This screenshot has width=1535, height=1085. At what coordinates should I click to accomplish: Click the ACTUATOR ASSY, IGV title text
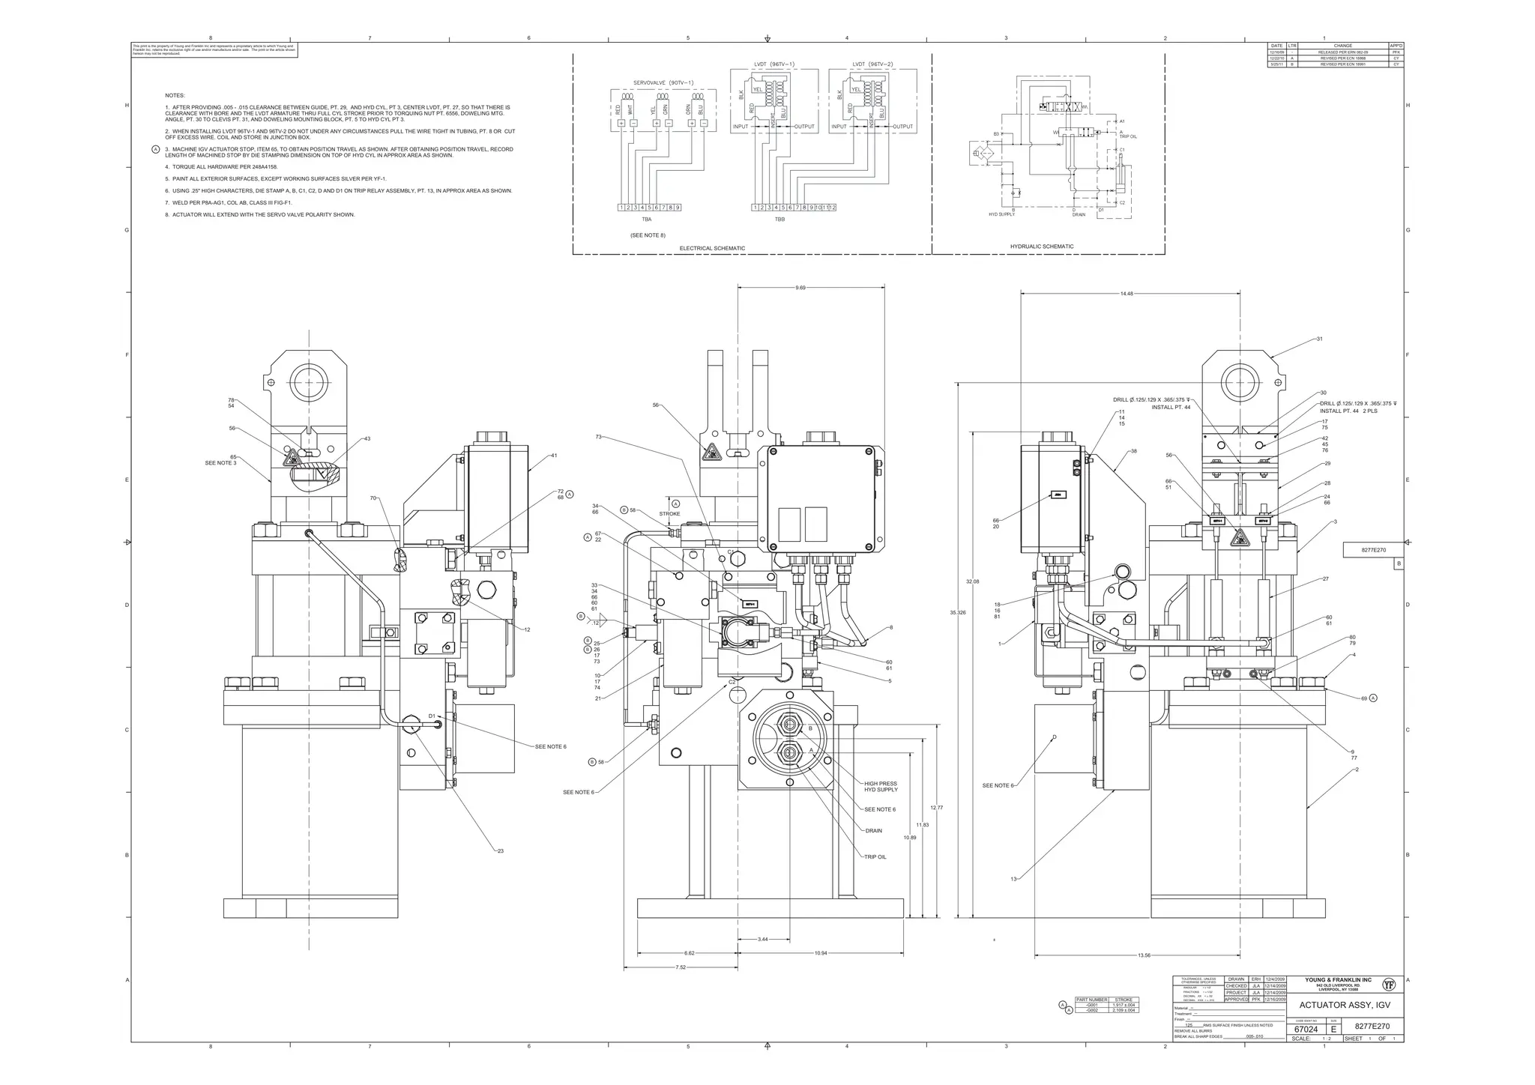(x=1345, y=1006)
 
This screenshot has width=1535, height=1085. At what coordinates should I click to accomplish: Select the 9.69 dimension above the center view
(x=800, y=288)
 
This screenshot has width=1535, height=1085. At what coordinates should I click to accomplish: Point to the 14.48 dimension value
(x=1127, y=294)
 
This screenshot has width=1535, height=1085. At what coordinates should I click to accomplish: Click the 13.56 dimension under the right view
(x=1144, y=955)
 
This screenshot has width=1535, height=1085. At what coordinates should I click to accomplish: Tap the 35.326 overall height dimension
(x=958, y=612)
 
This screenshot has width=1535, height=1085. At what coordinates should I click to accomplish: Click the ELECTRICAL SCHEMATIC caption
(x=712, y=248)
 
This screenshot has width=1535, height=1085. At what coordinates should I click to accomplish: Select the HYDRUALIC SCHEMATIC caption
(x=1041, y=247)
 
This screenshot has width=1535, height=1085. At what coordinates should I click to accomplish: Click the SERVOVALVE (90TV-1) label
(x=663, y=82)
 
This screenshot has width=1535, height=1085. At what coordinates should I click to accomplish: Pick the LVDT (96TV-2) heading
(x=872, y=64)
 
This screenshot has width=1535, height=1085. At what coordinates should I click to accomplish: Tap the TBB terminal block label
(x=779, y=220)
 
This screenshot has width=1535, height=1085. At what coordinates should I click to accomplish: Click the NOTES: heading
(x=175, y=96)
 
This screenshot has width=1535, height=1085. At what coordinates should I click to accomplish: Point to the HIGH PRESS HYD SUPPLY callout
(x=880, y=787)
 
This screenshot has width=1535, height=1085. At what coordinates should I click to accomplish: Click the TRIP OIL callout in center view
(x=875, y=856)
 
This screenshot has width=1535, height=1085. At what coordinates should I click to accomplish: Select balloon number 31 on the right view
(x=1319, y=339)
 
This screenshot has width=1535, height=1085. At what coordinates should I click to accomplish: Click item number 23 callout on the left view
(x=500, y=851)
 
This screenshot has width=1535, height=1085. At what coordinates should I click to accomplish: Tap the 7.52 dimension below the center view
(x=680, y=967)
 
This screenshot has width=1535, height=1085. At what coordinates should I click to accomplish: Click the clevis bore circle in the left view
(x=308, y=382)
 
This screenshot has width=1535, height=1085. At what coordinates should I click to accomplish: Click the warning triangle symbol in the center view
(x=709, y=453)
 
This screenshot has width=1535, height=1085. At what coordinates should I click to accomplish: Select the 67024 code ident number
(x=1306, y=1030)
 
